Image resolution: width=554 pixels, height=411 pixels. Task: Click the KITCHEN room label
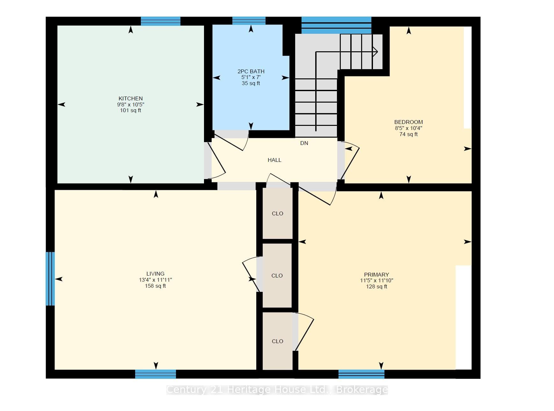(x=131, y=98)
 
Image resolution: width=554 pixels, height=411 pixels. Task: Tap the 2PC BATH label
(x=251, y=71)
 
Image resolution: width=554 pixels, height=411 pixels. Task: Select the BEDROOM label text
(x=409, y=122)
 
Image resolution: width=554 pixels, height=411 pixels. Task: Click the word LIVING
(x=156, y=274)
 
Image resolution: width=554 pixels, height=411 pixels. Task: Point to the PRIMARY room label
(x=376, y=275)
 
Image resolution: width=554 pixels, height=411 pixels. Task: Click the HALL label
(x=274, y=160)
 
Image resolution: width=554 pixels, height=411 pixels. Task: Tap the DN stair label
(x=304, y=143)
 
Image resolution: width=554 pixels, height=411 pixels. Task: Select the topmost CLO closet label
(x=278, y=213)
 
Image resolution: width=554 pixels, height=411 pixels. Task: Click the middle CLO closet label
(x=277, y=276)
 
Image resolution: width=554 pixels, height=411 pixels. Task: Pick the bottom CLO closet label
(x=278, y=341)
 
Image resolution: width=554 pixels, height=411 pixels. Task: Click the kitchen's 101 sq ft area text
(x=131, y=111)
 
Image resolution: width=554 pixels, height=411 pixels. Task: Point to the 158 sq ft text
(x=156, y=286)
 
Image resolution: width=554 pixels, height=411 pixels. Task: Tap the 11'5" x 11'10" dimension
(x=376, y=281)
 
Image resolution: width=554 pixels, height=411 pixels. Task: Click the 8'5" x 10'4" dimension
(x=409, y=128)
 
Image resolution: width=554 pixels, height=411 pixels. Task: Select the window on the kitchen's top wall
(x=161, y=21)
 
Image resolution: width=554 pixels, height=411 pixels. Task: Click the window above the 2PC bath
(x=249, y=21)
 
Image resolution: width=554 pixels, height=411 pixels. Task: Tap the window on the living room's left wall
(x=50, y=279)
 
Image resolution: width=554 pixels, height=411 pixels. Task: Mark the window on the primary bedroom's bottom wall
(x=361, y=374)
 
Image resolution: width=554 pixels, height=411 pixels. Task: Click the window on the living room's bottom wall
(x=156, y=374)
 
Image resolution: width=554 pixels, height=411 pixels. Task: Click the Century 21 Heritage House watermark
(x=277, y=390)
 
